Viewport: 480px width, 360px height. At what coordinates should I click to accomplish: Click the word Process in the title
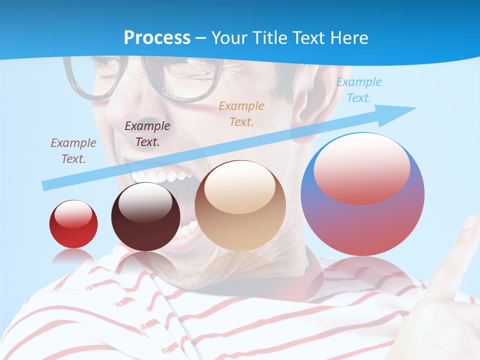tap(157, 37)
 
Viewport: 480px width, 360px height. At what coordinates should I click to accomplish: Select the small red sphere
tap(73, 224)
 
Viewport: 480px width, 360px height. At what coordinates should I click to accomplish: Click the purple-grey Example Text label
tap(73, 150)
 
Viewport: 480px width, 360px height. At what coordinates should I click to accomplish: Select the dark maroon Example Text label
tap(147, 133)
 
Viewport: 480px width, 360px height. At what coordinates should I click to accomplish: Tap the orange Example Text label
tap(241, 113)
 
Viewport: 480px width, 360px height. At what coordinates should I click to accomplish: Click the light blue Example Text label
tap(358, 89)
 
